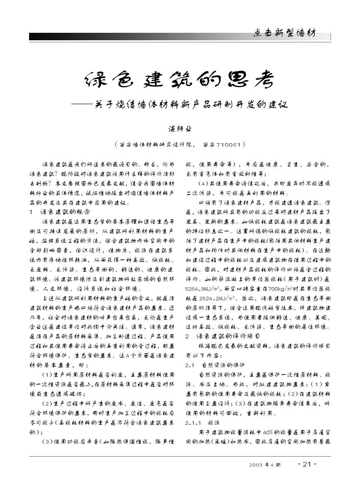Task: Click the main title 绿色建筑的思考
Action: (180, 79)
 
